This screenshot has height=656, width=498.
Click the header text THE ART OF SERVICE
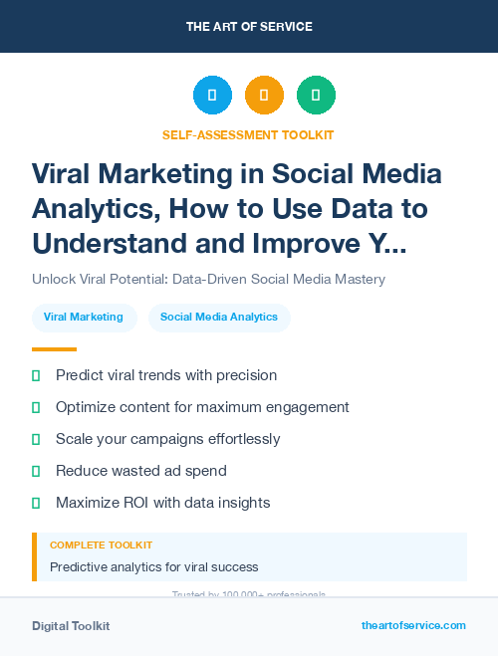(248, 26)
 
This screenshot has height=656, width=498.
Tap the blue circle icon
(212, 96)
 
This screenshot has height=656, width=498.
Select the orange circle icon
(264, 96)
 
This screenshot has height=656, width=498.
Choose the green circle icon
(316, 96)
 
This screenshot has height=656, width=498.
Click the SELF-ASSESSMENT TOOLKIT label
(248, 134)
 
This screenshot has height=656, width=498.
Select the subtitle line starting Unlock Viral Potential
(208, 280)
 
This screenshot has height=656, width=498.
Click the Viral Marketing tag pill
(84, 318)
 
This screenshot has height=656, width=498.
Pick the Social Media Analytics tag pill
(219, 318)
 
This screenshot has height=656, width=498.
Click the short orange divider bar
(54, 349)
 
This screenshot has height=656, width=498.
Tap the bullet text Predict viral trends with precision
(166, 375)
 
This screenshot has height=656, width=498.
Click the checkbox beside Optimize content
(36, 407)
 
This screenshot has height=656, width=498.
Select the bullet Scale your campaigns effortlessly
(167, 439)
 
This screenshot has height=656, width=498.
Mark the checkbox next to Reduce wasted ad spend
(36, 471)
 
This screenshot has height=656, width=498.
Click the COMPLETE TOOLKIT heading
(101, 546)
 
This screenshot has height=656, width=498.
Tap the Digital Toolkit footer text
(71, 626)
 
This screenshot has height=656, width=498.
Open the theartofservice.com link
(413, 625)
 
